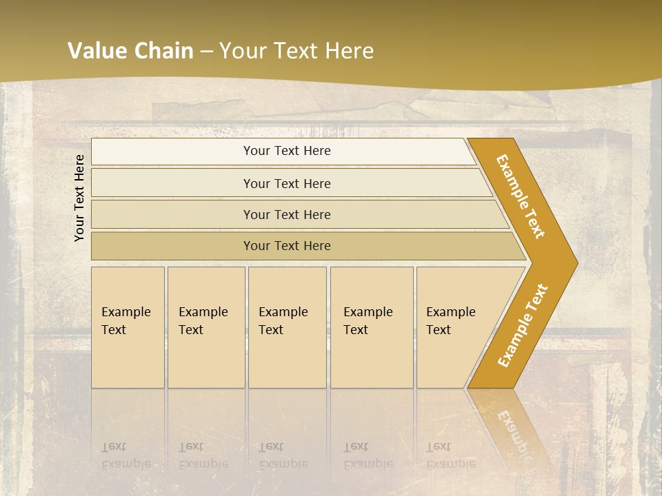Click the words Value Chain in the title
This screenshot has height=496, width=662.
click(130, 51)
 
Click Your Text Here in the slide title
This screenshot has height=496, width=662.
click(297, 51)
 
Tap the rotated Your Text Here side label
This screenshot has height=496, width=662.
click(79, 198)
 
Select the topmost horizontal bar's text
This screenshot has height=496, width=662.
click(287, 151)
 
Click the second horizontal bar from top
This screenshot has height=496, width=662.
click(287, 183)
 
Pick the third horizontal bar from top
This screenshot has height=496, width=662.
click(287, 214)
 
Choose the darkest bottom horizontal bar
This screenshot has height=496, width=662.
click(287, 246)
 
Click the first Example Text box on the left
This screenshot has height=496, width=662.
click(127, 321)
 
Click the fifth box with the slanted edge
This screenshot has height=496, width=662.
click(452, 321)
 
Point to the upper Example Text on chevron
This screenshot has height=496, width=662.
click(521, 196)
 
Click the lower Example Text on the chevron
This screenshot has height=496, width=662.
click(523, 326)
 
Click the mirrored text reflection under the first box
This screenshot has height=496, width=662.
click(127, 455)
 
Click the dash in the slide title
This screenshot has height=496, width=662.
click(206, 52)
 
